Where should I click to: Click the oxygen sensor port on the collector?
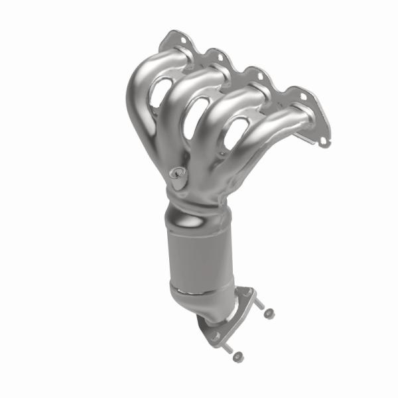coord(176,174)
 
